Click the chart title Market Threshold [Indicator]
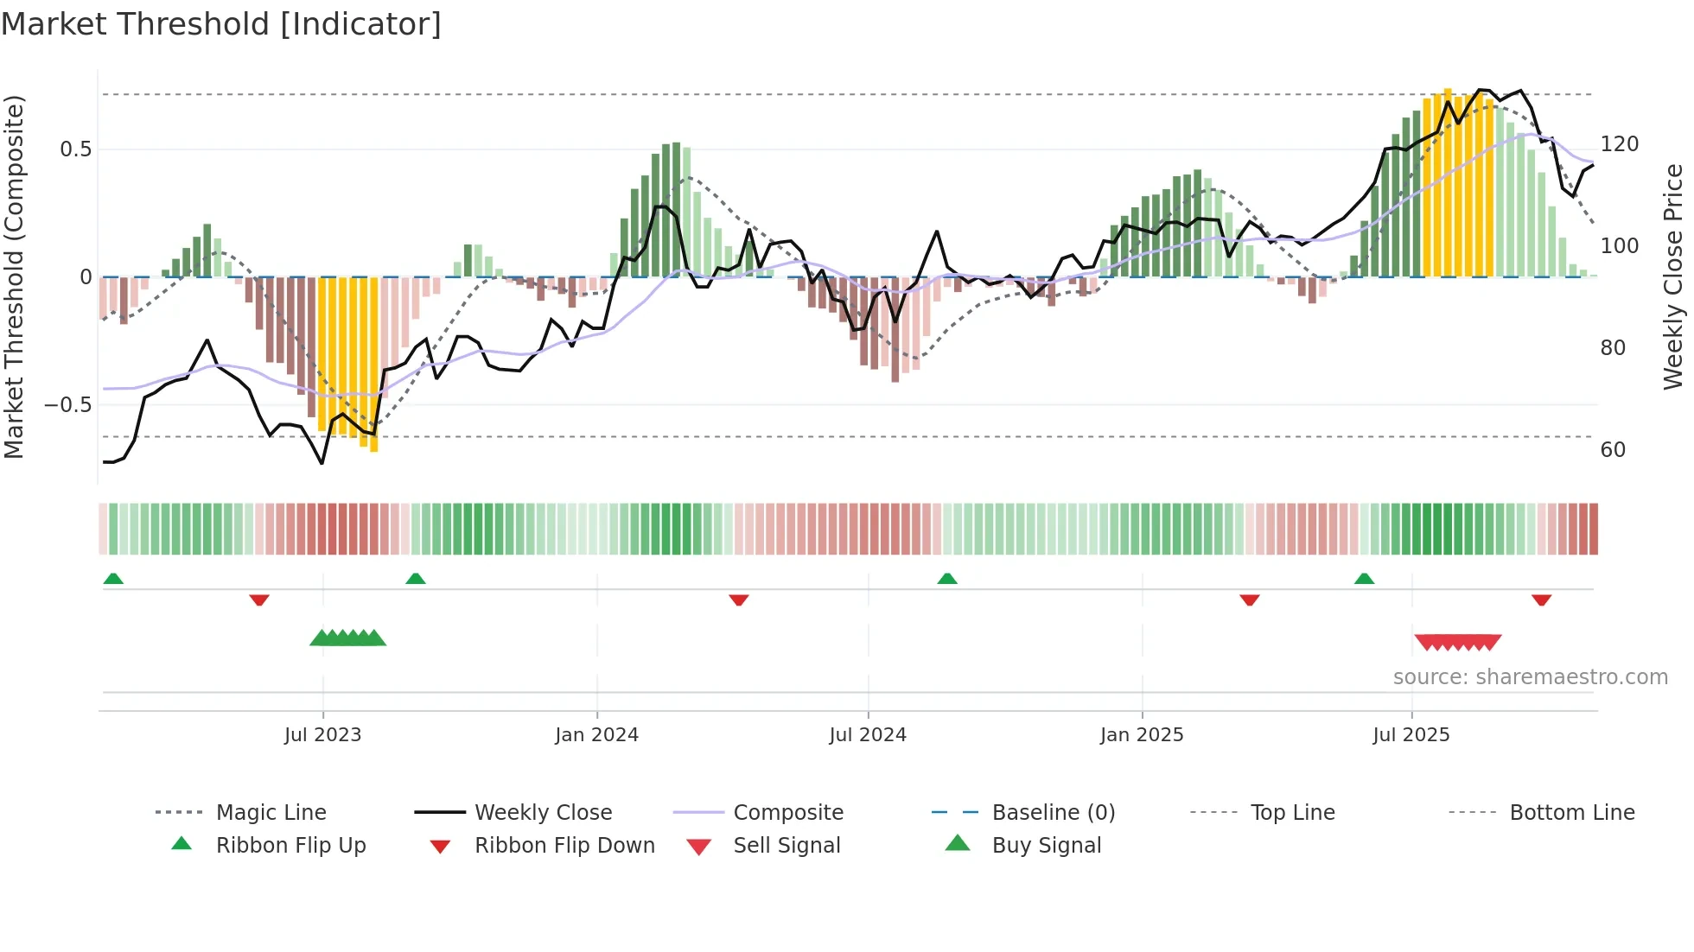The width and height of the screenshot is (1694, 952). [x=221, y=24]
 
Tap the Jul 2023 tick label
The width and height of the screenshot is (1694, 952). [x=322, y=735]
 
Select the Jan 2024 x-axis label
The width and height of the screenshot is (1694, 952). [x=596, y=735]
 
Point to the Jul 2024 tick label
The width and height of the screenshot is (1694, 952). [x=868, y=735]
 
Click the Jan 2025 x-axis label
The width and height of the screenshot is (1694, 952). [x=1142, y=735]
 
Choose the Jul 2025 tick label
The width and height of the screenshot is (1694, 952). [x=1411, y=735]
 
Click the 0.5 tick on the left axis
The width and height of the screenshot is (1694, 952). [x=75, y=149]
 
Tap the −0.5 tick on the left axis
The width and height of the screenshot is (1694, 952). [x=67, y=405]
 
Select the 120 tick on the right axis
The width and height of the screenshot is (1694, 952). [x=1620, y=144]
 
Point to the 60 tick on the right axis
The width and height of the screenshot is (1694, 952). [x=1613, y=450]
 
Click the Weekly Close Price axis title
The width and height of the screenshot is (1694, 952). [x=1673, y=276]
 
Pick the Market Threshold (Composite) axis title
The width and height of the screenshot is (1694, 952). [x=14, y=276]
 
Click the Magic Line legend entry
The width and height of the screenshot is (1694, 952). [x=271, y=813]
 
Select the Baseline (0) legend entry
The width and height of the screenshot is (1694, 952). [x=1053, y=813]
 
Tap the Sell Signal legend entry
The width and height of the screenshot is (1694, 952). [x=786, y=846]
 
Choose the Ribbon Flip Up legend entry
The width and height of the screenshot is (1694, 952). [x=290, y=846]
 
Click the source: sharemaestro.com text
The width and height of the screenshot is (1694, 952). [x=1530, y=677]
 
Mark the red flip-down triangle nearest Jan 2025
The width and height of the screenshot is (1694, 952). [x=1249, y=600]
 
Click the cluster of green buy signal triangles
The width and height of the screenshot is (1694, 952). [x=347, y=638]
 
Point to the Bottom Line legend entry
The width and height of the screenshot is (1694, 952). [x=1571, y=813]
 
